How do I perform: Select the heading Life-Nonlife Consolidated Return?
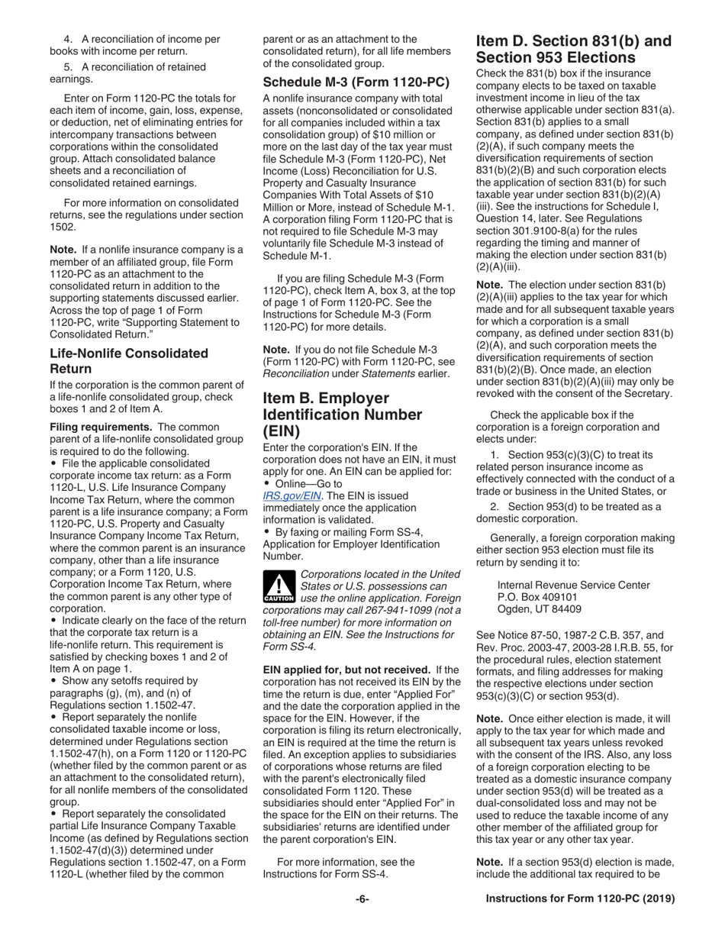[x=128, y=360]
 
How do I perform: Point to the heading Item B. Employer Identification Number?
[x=342, y=415]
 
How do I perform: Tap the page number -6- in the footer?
[x=362, y=899]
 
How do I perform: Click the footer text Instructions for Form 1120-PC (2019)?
[x=580, y=899]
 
